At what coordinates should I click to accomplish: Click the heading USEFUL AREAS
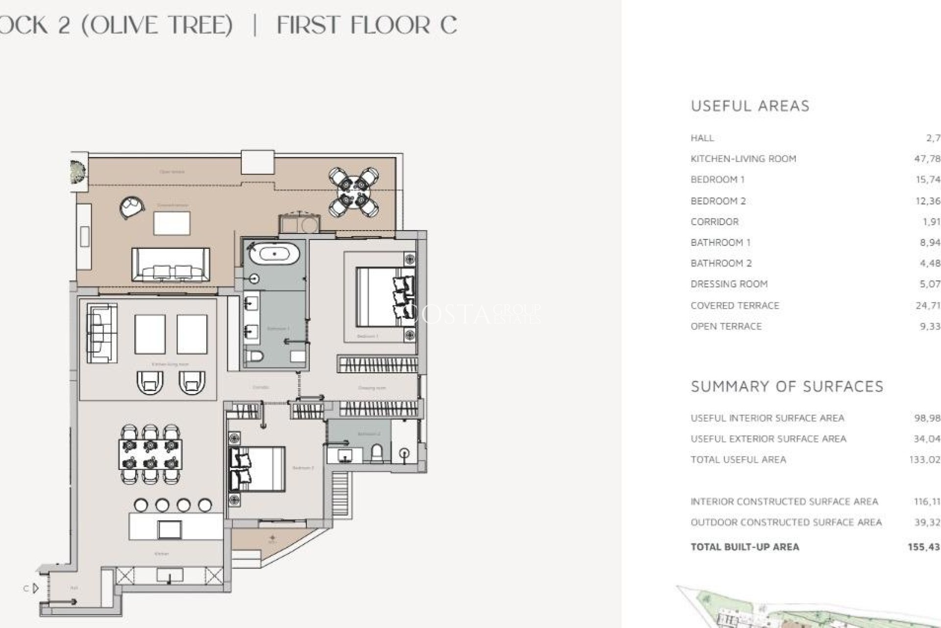pos(750,106)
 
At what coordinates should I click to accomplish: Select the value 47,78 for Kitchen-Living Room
pos(927,158)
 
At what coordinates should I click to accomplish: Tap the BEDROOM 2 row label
pos(718,201)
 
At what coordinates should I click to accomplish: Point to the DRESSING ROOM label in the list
pos(729,284)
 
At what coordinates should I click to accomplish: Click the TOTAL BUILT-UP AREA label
pos(744,547)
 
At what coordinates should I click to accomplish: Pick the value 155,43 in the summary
pos(923,547)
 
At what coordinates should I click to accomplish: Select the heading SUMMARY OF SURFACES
pos(787,387)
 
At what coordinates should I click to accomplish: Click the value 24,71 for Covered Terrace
pos(927,305)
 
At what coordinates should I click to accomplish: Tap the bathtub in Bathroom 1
pos(274,254)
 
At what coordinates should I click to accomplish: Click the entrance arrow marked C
pos(34,588)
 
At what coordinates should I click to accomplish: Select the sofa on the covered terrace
pos(170,265)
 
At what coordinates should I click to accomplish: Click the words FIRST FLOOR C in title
pos(367,25)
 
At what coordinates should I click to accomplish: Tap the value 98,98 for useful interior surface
pos(927,418)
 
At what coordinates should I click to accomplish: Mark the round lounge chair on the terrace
pos(131,207)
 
